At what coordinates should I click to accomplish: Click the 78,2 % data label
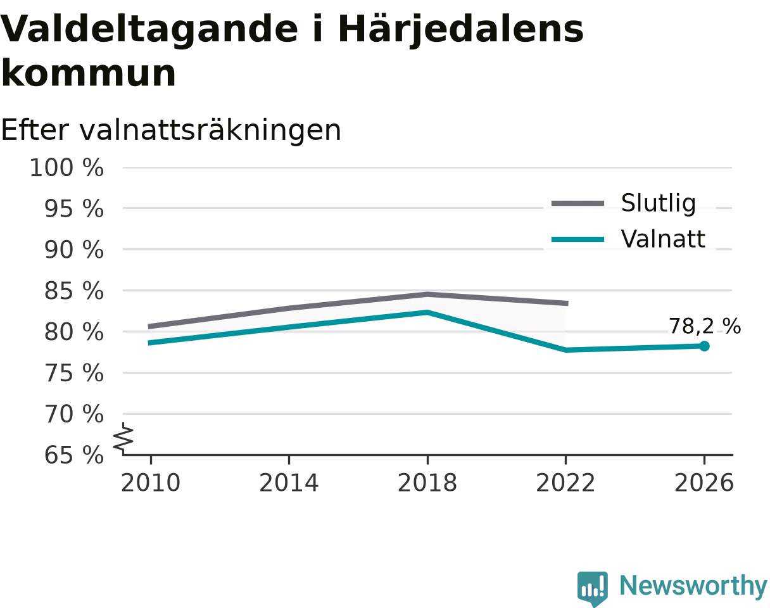[x=705, y=326]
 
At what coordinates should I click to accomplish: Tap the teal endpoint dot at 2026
[x=704, y=346]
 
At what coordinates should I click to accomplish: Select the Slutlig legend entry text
[x=659, y=203]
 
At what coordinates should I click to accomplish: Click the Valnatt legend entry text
[x=662, y=239]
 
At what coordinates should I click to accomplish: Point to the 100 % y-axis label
[x=66, y=167]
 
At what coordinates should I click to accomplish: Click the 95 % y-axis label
[x=73, y=208]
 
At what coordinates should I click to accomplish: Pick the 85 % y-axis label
[x=73, y=291]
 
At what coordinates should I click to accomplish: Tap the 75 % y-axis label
[x=73, y=373]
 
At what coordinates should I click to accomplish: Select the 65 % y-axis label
[x=73, y=455]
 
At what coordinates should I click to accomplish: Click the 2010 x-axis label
[x=151, y=483]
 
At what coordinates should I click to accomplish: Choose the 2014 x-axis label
[x=289, y=483]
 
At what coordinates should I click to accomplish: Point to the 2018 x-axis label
[x=427, y=483]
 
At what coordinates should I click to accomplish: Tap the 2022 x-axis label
[x=565, y=483]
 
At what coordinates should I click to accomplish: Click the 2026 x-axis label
[x=704, y=483]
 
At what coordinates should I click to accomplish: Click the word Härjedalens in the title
[x=461, y=30]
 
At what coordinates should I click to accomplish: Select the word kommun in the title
[x=89, y=73]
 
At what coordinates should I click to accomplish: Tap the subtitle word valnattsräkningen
[x=210, y=130]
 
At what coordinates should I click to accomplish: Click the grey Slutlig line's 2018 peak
[x=427, y=294]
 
